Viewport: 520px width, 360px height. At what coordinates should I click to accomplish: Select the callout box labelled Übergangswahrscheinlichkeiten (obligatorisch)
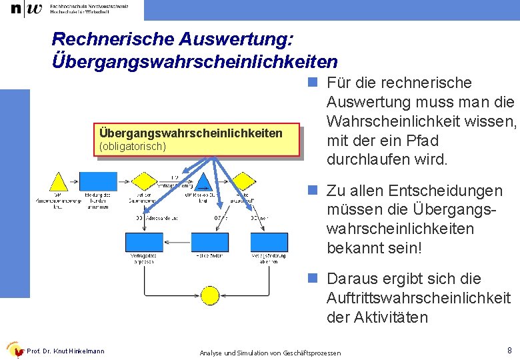tap(197, 139)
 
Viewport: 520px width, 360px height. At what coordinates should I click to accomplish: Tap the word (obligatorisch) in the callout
tap(132, 145)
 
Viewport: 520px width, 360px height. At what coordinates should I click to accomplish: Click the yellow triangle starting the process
tap(59, 182)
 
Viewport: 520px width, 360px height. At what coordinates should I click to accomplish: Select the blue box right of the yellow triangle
tap(99, 181)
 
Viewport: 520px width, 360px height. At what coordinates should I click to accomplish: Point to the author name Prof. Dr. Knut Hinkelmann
tap(65, 351)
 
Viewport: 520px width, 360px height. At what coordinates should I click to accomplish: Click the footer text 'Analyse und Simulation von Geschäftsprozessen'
tap(270, 352)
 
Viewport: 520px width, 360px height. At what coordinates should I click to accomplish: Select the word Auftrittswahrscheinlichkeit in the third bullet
tap(419, 298)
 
